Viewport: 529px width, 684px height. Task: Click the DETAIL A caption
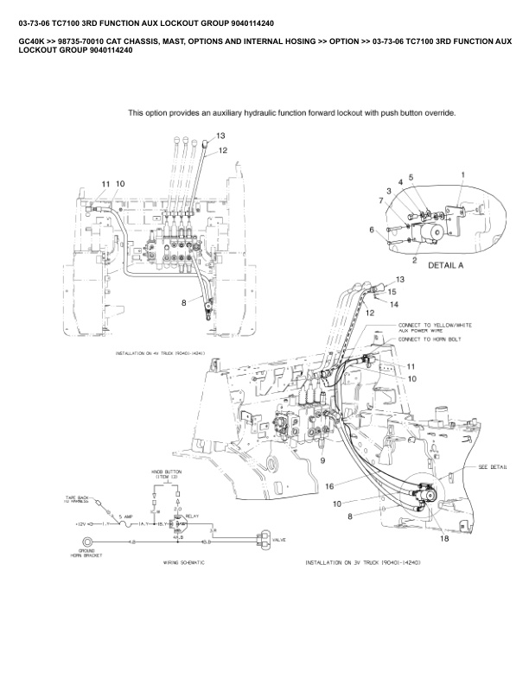[445, 266]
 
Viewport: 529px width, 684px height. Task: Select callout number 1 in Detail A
[463, 175]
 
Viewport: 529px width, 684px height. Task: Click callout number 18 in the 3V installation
[444, 539]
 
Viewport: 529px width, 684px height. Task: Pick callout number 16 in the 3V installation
[329, 487]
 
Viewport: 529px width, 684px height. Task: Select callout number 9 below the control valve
[323, 460]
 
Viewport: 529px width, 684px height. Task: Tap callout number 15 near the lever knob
[391, 292]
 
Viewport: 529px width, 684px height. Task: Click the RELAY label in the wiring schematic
[192, 515]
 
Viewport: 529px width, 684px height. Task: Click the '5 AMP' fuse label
[125, 516]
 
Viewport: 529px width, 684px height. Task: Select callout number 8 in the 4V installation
[183, 303]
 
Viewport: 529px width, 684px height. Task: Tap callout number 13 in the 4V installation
[220, 136]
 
